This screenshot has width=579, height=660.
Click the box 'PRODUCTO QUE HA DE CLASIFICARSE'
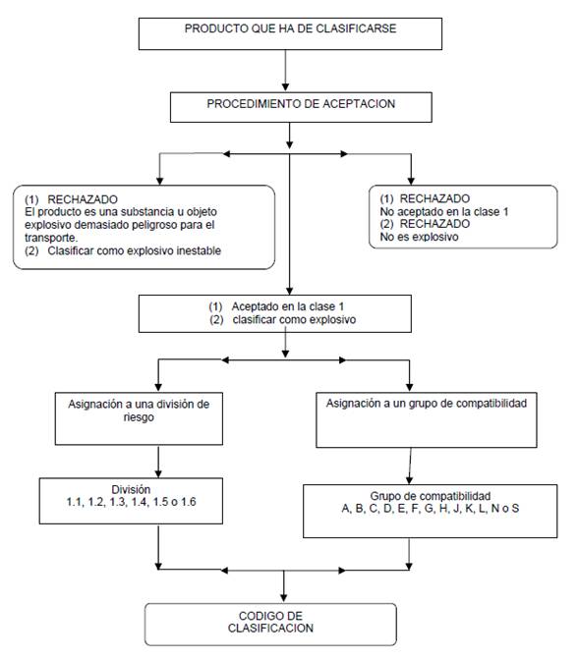(x=290, y=33)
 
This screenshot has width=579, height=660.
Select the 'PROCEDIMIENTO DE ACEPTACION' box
(x=301, y=107)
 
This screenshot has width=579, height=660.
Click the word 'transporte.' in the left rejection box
(x=51, y=238)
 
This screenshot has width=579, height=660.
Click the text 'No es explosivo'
(x=420, y=237)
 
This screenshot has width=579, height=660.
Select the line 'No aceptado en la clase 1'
(x=444, y=212)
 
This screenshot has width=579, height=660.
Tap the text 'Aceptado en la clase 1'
(x=288, y=306)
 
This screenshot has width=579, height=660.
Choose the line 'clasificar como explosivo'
(x=294, y=319)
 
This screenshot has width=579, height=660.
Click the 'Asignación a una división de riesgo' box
(x=139, y=418)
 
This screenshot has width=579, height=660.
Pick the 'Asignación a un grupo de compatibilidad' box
(x=427, y=419)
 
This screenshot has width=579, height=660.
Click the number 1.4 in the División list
(x=140, y=502)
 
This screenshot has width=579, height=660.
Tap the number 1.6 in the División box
(x=189, y=502)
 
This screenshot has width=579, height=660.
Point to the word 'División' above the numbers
(x=131, y=489)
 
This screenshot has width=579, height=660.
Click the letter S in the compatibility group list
(x=515, y=509)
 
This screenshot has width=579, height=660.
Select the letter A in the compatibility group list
(x=346, y=509)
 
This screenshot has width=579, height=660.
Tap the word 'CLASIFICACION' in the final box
(x=270, y=629)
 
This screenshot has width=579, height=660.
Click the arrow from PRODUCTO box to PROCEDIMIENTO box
(x=286, y=71)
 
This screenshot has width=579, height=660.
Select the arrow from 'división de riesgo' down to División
(x=158, y=462)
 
